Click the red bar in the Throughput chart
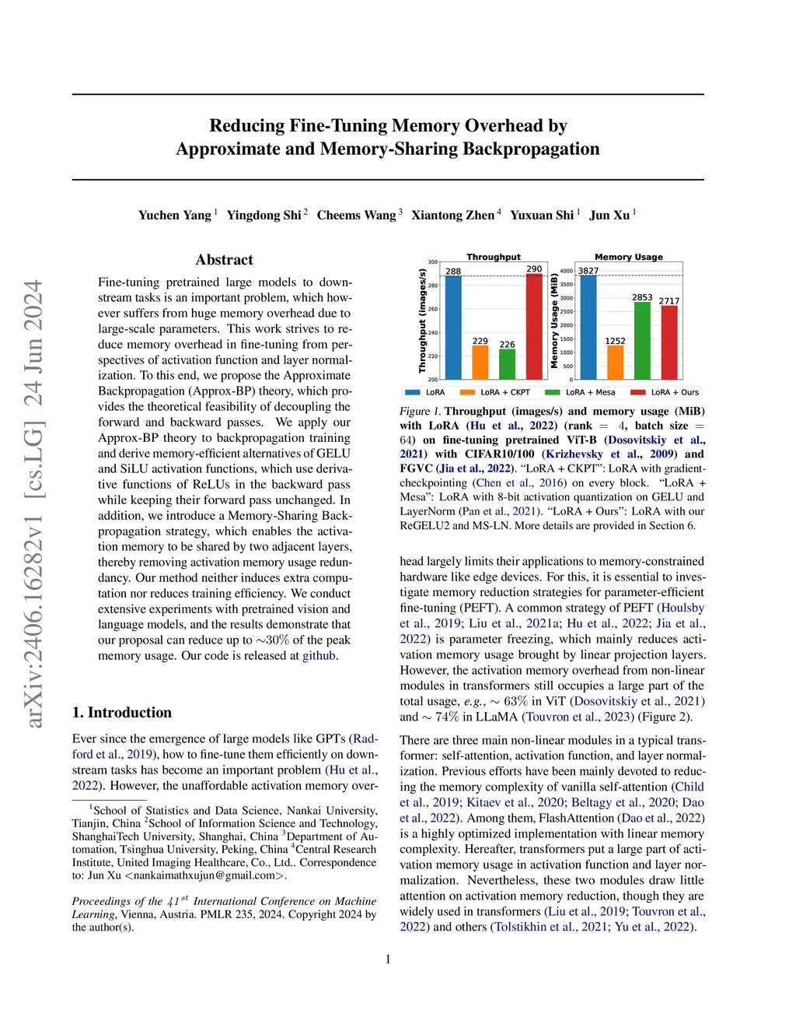534,327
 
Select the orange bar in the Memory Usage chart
615,363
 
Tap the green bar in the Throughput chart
507,364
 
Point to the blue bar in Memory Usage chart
588,328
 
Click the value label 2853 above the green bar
642,297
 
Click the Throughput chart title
493,257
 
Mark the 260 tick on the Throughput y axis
432,310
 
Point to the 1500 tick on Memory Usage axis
566,339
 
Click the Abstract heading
224,260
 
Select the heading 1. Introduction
122,713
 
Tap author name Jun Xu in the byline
609,216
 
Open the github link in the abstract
319,656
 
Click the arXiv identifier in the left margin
33,504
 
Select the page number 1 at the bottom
388,959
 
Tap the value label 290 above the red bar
534,269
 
